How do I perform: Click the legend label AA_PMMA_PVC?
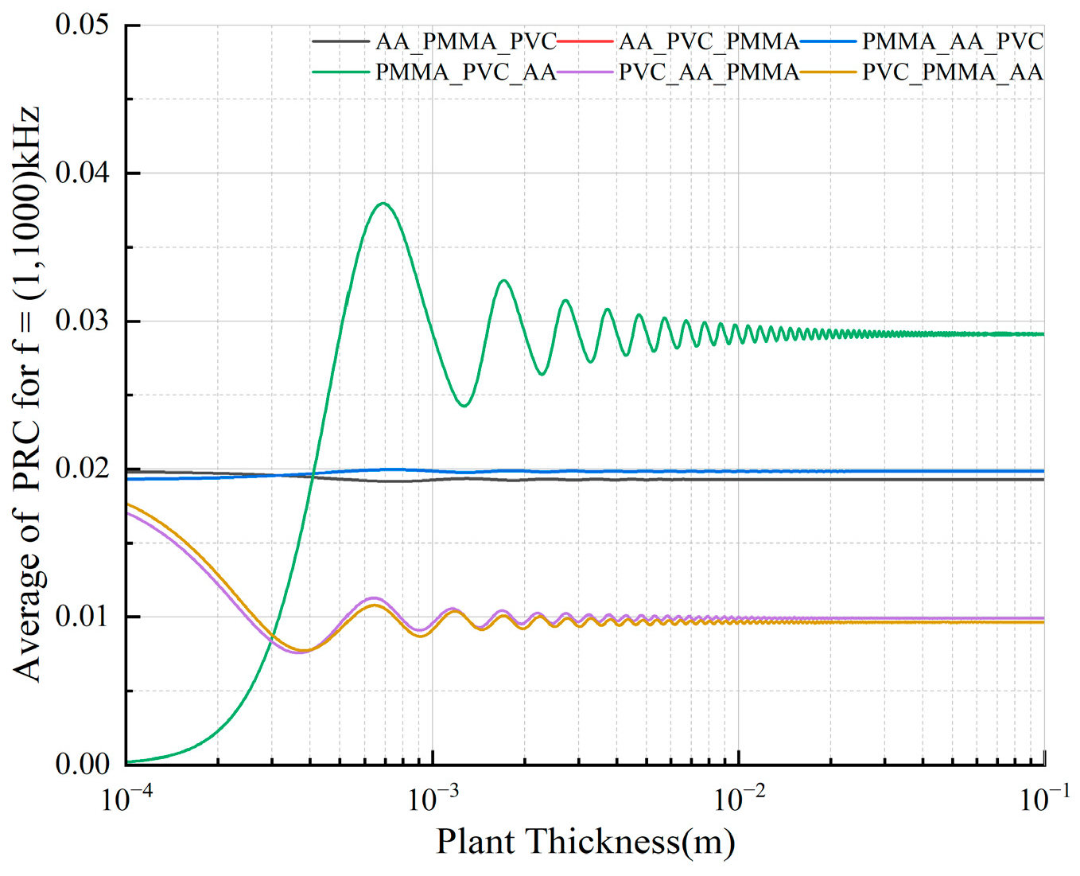pos(465,41)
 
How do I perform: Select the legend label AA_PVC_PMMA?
pos(709,41)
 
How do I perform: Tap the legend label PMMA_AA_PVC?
pos(953,41)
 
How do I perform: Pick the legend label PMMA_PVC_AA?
pos(465,72)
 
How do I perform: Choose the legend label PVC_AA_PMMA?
pos(709,72)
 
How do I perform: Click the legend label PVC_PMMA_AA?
pos(953,72)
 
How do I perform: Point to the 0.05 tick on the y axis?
pos(82,25)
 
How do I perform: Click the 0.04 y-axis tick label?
pos(82,173)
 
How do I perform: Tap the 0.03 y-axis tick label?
pos(82,321)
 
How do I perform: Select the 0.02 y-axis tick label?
pos(82,469)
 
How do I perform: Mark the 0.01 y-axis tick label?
pos(82,617)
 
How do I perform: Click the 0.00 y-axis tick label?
pos(82,765)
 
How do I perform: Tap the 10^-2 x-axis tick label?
pos(740,799)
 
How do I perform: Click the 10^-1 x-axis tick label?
pos(1044,799)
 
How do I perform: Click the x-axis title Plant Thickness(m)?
pos(585,842)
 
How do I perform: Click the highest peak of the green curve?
pos(383,203)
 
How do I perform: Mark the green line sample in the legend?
pos(340,72)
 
